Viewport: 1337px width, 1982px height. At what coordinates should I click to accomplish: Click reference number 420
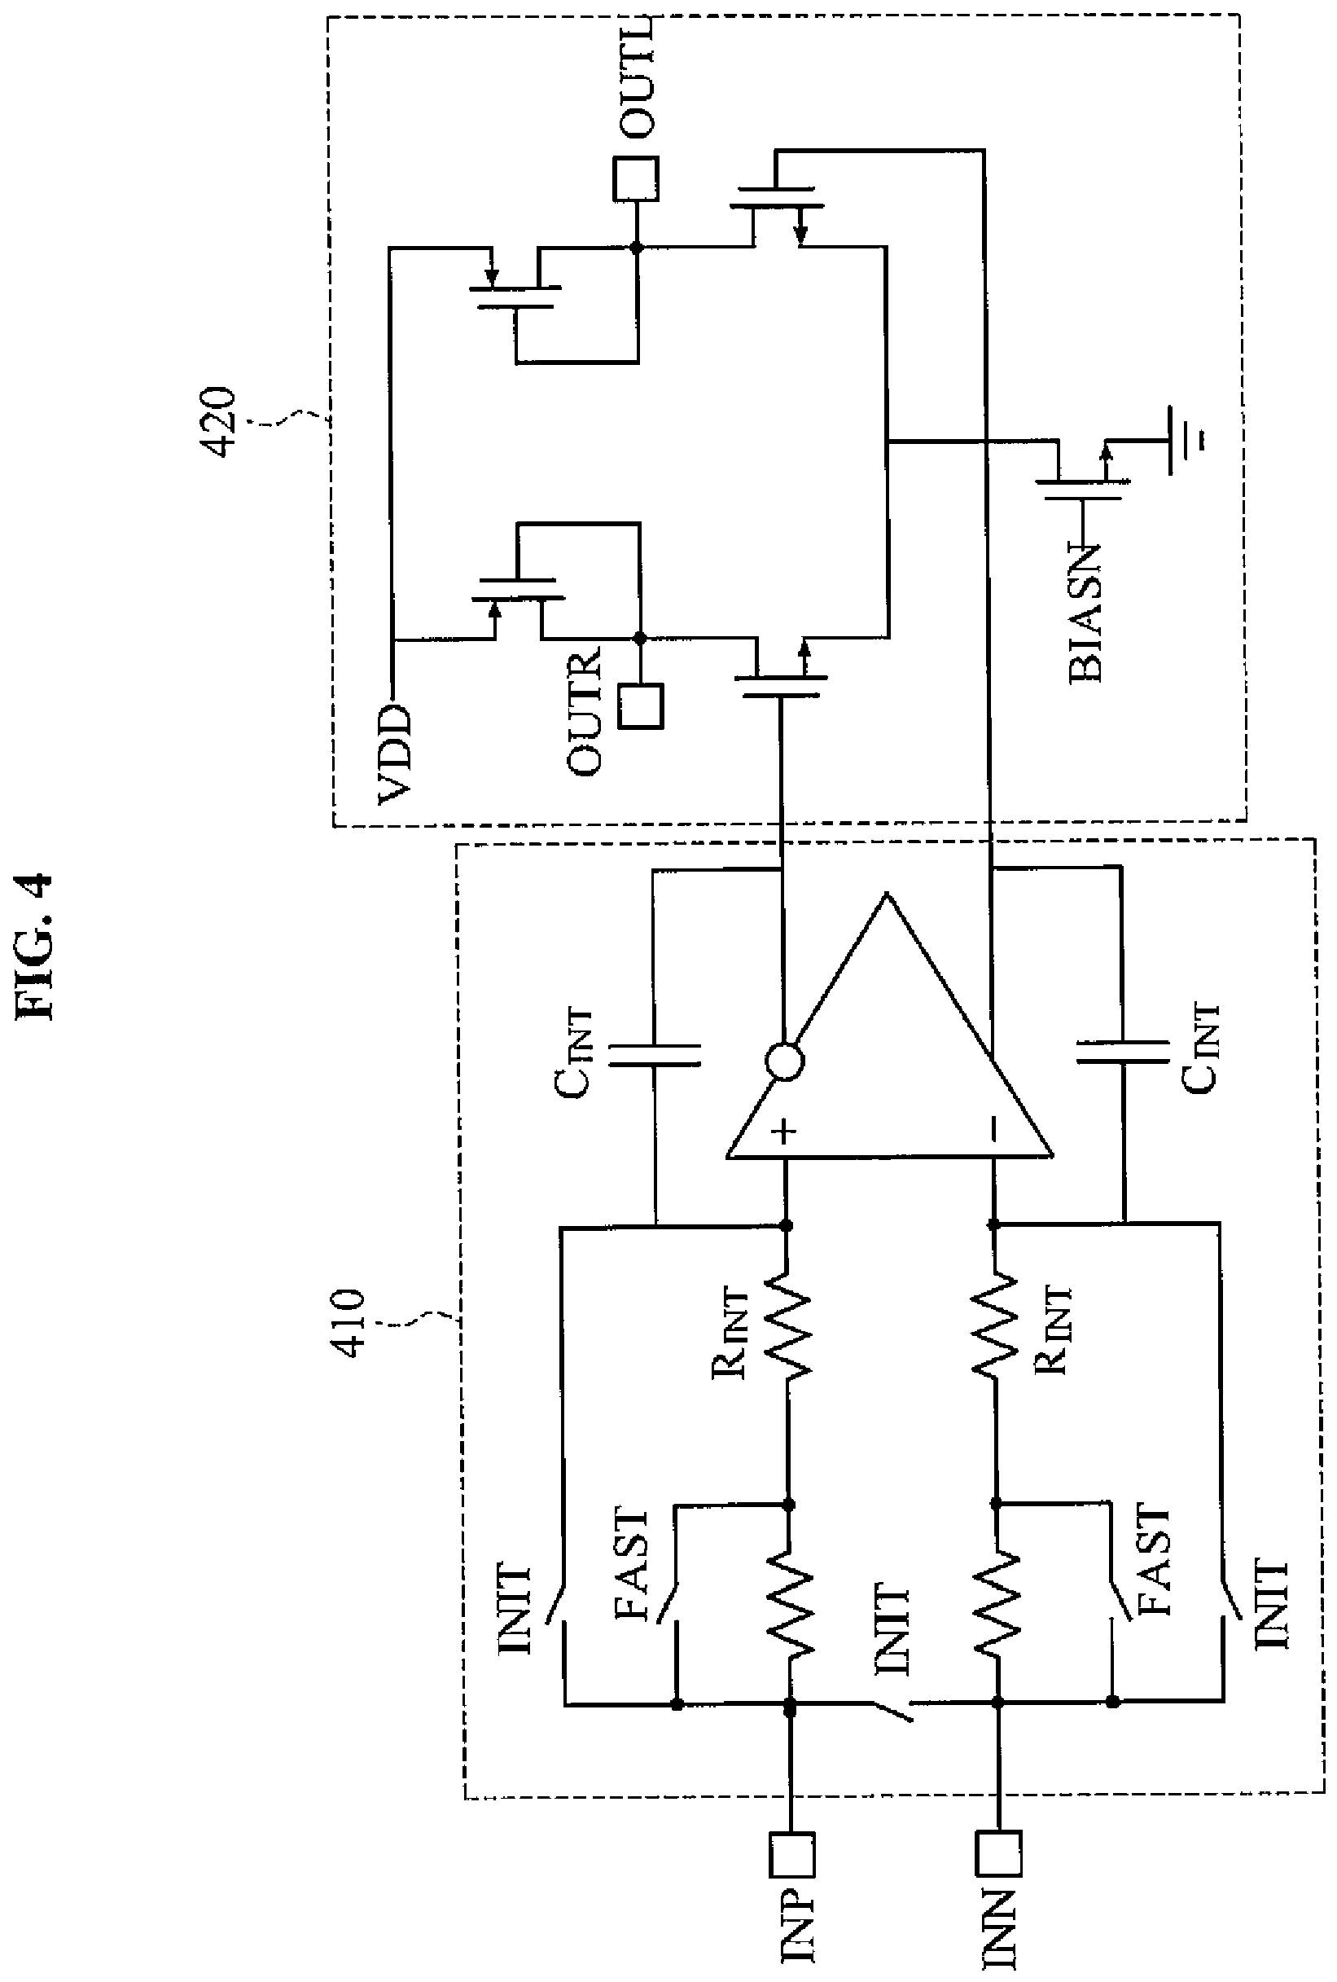pos(221,423)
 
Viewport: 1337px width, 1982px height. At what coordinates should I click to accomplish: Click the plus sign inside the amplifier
pos(783,1132)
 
